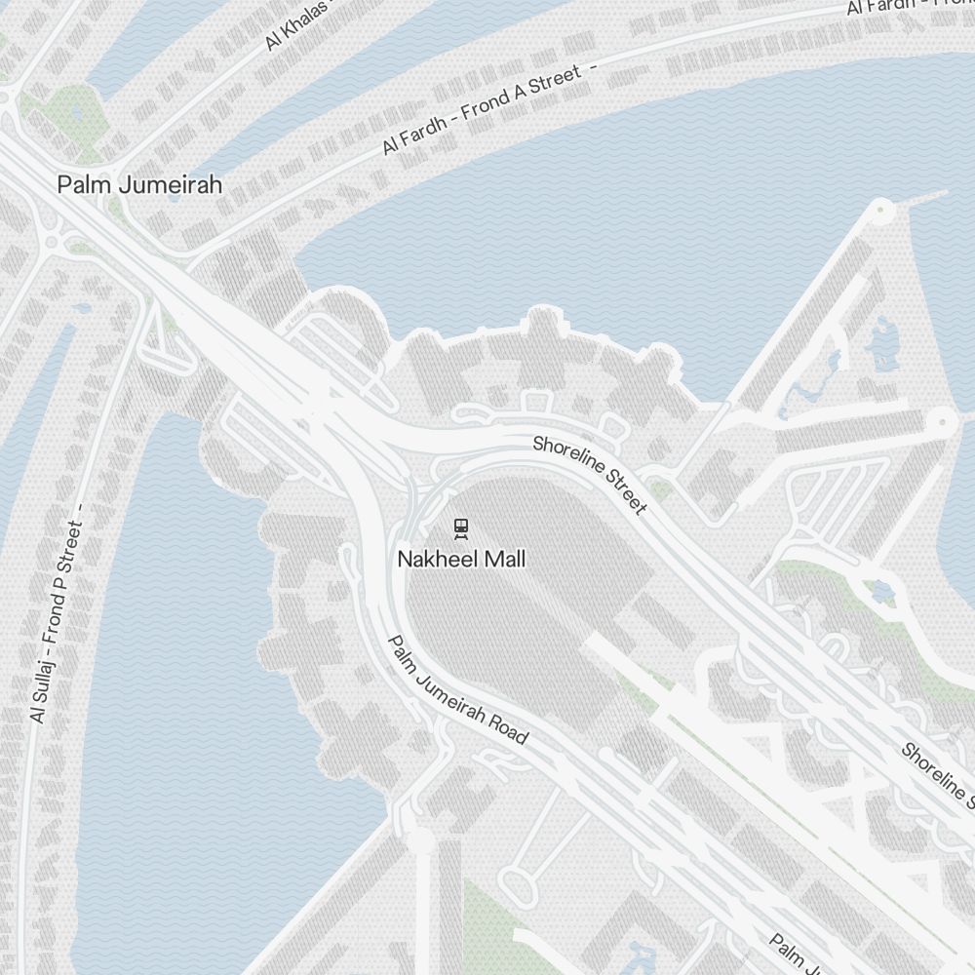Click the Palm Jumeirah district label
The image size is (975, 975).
click(x=139, y=184)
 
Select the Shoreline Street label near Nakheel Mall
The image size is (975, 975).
click(x=589, y=475)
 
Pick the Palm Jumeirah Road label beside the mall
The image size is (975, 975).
click(x=458, y=689)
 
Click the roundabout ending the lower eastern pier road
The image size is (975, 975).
click(x=942, y=422)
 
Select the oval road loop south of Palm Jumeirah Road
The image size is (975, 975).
click(x=517, y=882)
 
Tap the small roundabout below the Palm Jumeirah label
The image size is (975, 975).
click(x=51, y=240)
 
